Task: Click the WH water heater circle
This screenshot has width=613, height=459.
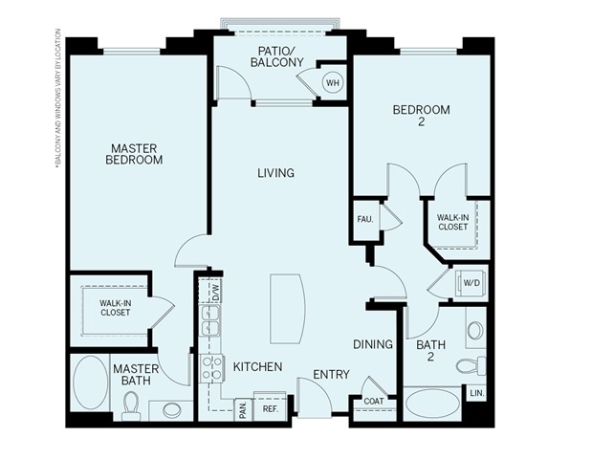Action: click(333, 83)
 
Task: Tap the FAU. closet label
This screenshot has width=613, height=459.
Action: click(364, 218)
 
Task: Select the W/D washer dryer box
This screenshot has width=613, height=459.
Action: click(471, 283)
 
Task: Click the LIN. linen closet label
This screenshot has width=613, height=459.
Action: click(475, 393)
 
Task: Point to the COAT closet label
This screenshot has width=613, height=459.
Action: click(373, 402)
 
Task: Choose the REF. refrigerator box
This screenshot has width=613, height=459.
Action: click(271, 407)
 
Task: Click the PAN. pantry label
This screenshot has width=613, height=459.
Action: click(243, 408)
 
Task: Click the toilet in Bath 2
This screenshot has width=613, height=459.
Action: click(468, 365)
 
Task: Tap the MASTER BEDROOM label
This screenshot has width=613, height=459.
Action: click(134, 154)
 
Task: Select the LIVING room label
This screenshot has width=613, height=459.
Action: click(275, 173)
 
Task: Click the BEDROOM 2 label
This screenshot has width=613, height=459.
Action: click(421, 117)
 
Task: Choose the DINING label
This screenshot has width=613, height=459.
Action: click(373, 344)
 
